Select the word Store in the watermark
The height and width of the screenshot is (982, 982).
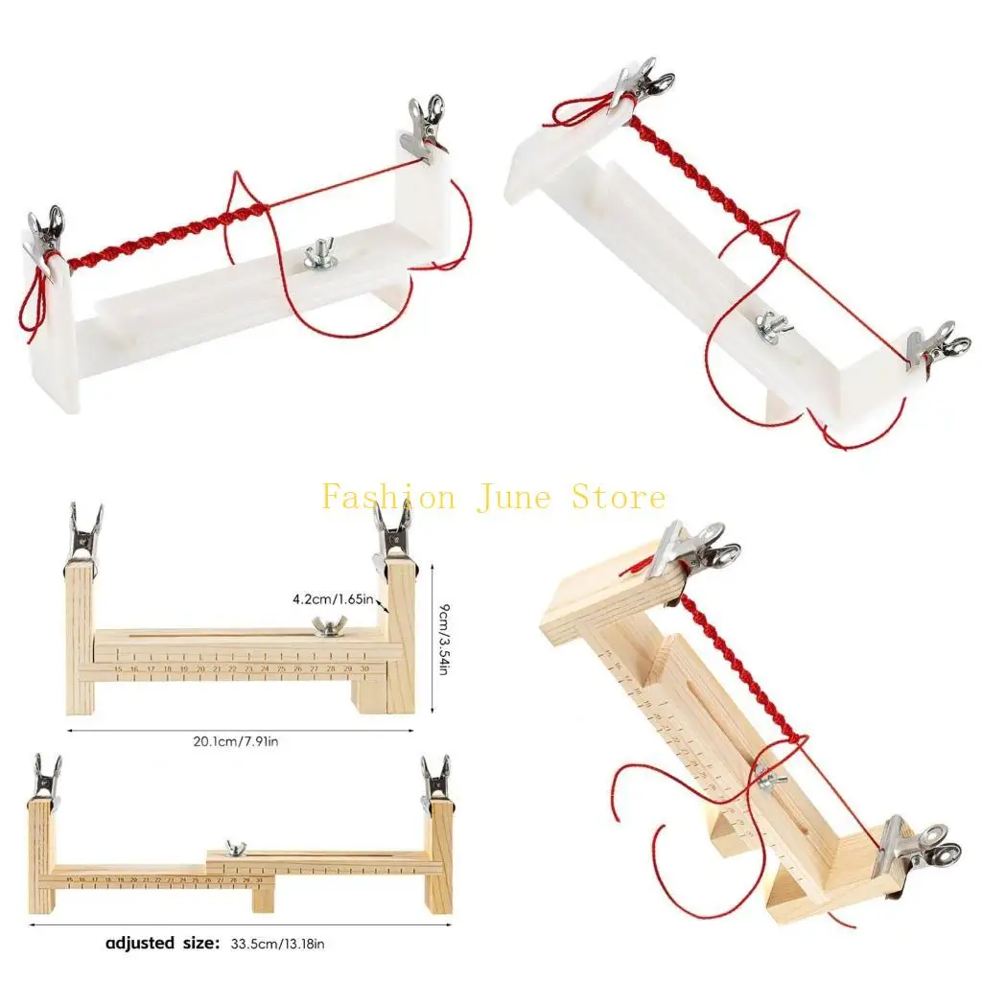[618, 498]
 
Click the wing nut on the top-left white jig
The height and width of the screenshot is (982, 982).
[319, 256]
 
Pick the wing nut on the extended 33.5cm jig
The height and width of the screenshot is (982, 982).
[230, 849]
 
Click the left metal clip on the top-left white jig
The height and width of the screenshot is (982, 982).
[44, 235]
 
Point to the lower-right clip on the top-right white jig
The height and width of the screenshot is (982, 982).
[936, 347]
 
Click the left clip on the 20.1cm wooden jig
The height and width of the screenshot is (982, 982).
[83, 536]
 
